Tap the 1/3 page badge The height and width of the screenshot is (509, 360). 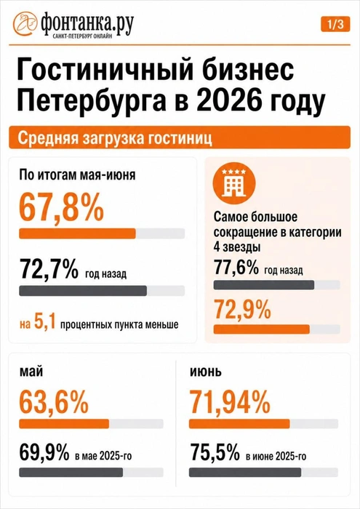point(335,25)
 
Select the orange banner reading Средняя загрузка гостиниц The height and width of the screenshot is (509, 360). point(180,137)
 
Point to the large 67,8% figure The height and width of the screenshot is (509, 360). point(61,208)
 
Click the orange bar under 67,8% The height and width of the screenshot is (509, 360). point(77,233)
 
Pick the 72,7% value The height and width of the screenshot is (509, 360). point(49,268)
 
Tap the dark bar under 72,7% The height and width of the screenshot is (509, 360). point(83,291)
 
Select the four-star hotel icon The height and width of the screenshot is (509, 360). point(234,183)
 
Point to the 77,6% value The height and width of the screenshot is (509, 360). point(236,268)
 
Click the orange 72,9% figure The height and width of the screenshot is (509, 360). point(242,310)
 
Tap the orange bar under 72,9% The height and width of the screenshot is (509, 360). point(261,329)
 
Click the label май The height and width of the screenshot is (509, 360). point(31,371)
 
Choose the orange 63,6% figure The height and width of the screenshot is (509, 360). point(54,402)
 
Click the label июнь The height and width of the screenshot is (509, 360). point(206,371)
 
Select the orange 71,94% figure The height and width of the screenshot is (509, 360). point(230,402)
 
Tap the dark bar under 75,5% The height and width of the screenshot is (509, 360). point(245,473)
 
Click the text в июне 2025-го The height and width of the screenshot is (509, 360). point(276,456)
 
